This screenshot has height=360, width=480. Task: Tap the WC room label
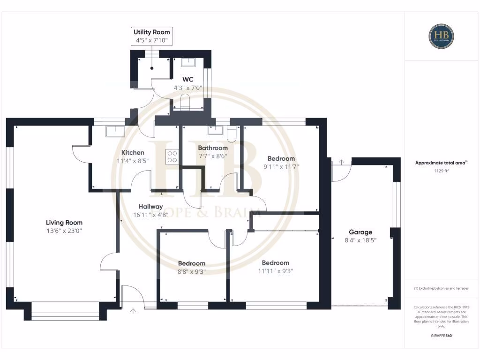188,79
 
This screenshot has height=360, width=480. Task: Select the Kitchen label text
133,152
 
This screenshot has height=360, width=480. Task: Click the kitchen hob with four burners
172,156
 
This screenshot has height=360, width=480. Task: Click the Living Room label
64,222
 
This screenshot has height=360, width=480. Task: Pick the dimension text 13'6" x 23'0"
64,231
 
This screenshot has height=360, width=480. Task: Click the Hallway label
150,206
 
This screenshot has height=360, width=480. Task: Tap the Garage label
360,232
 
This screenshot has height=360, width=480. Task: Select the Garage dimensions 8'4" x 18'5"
360,240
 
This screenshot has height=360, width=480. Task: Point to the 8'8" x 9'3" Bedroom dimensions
191,271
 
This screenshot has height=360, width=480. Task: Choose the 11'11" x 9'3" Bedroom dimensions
275,270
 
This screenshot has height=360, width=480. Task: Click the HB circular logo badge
441,37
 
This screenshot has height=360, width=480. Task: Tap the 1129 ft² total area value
441,172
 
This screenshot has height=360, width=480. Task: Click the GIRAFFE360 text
441,336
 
